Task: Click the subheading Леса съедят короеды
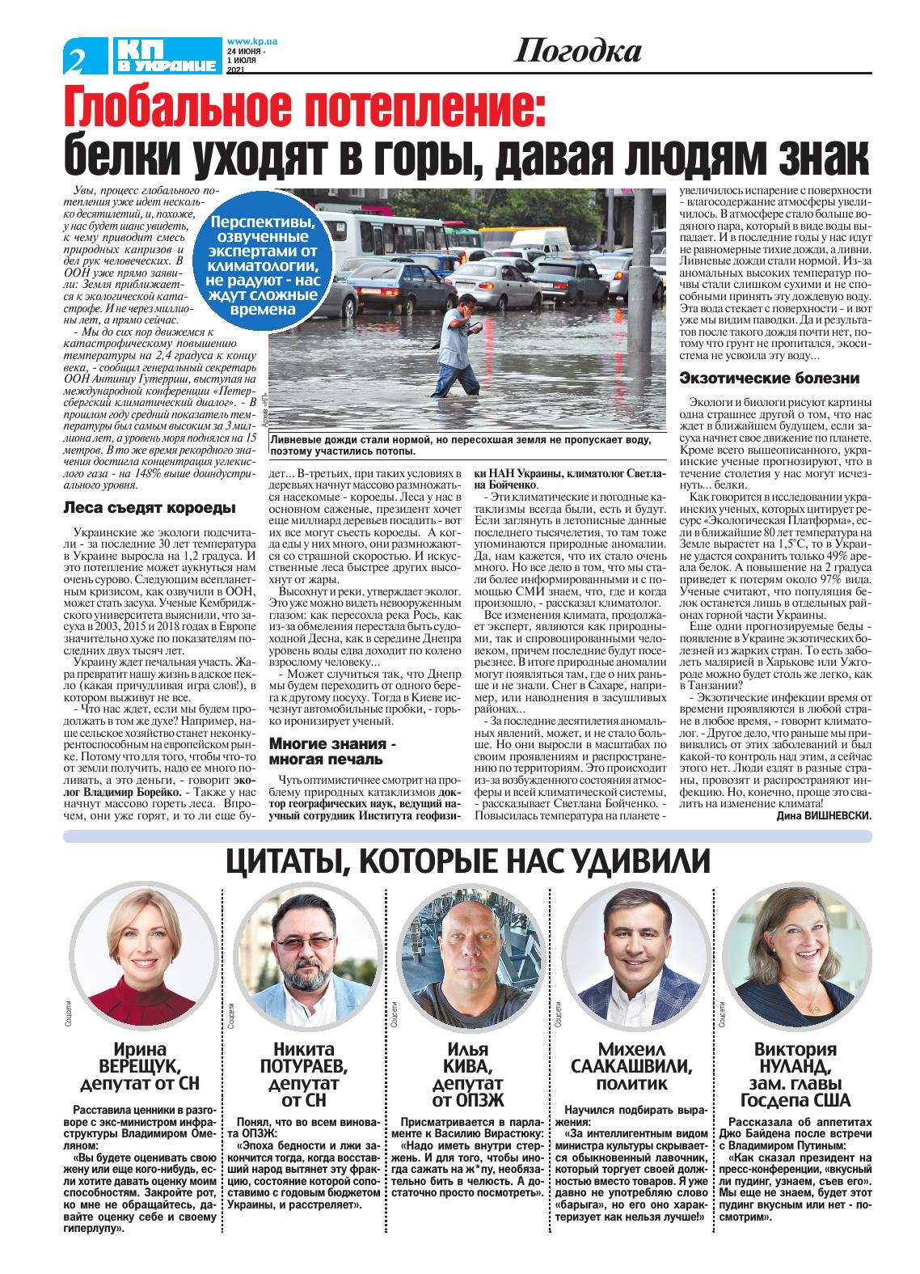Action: (150, 508)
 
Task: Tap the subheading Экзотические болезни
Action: (769, 378)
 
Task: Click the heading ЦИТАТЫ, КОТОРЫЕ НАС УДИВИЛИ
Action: (467, 862)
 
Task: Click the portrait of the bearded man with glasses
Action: (303, 958)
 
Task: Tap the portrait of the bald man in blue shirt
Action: (466, 958)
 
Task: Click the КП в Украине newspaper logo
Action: (166, 56)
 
